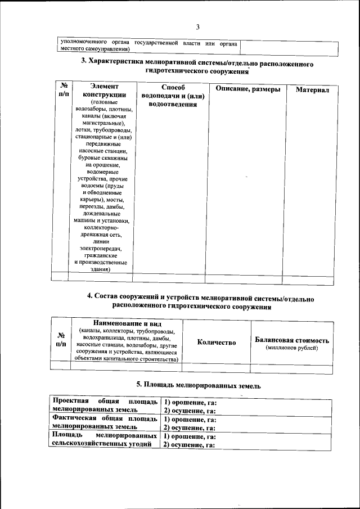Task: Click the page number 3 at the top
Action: pyautogui.click(x=198, y=27)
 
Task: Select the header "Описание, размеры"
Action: pyautogui.click(x=245, y=89)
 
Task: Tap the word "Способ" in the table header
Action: pyautogui.click(x=172, y=87)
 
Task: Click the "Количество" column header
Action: pyautogui.click(x=217, y=342)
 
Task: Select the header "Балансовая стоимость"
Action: pyautogui.click(x=292, y=340)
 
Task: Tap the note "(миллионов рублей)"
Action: pyautogui.click(x=292, y=349)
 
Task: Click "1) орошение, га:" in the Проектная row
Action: pyautogui.click(x=190, y=403)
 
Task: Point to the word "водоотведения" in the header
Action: pyautogui.click(x=172, y=105)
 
